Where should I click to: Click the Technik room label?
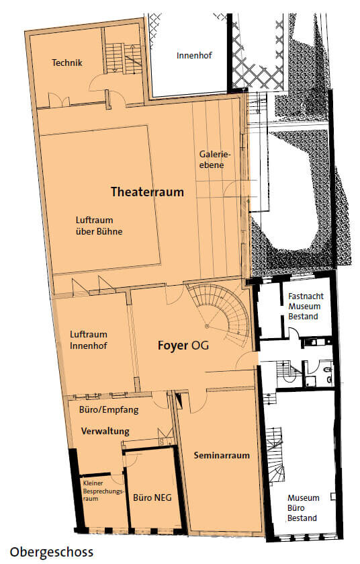(x=66, y=63)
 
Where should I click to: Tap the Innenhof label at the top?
(x=194, y=55)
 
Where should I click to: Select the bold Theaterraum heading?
(x=147, y=192)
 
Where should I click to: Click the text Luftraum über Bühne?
(x=99, y=225)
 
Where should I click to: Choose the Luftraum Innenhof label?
(x=89, y=340)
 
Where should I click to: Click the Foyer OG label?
(x=183, y=346)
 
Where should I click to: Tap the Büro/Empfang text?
(x=109, y=409)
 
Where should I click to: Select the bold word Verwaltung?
(x=105, y=431)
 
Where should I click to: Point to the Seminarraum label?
(x=222, y=455)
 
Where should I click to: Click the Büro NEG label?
(x=152, y=497)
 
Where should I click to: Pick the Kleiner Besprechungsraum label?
(x=103, y=491)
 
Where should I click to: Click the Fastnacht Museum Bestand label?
(x=306, y=307)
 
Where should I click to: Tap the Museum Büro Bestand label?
(x=303, y=508)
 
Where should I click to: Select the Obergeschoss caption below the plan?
(x=51, y=552)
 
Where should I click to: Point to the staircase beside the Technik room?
(x=122, y=58)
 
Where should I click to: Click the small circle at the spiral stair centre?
(x=207, y=326)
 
